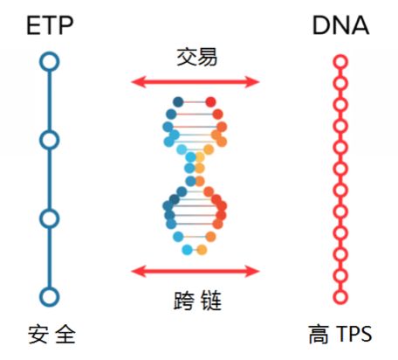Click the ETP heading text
pos(50,25)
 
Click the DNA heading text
pos(340,25)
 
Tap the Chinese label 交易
pos(197,57)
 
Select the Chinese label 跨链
pos(197,301)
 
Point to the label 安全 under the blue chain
pos(51,335)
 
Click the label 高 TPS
pos(340,335)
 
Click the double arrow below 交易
pos(196,82)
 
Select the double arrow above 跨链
pos(196,272)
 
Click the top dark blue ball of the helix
pos(178,102)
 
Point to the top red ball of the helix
pos(210,102)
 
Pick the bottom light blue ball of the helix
pos(187,250)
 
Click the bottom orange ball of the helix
pos(202,250)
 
